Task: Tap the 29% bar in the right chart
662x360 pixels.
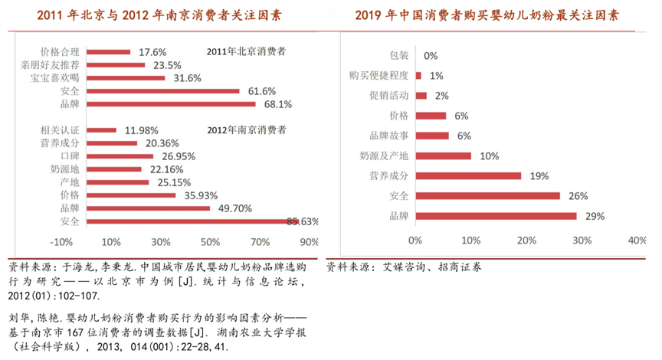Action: (496, 215)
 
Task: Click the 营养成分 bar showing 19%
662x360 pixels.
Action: (468, 175)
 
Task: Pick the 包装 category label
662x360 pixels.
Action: (399, 56)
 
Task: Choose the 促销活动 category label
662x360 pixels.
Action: (389, 96)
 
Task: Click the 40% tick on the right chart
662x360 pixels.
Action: (637, 240)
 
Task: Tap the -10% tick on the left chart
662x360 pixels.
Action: (62, 242)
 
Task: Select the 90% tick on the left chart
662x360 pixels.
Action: (309, 242)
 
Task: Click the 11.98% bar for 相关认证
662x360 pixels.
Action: (102, 129)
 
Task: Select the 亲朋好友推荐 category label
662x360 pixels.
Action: (53, 65)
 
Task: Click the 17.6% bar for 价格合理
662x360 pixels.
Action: (110, 52)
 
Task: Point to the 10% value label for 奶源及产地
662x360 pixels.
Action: (489, 155)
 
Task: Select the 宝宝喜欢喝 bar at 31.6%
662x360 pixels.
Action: (126, 77)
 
